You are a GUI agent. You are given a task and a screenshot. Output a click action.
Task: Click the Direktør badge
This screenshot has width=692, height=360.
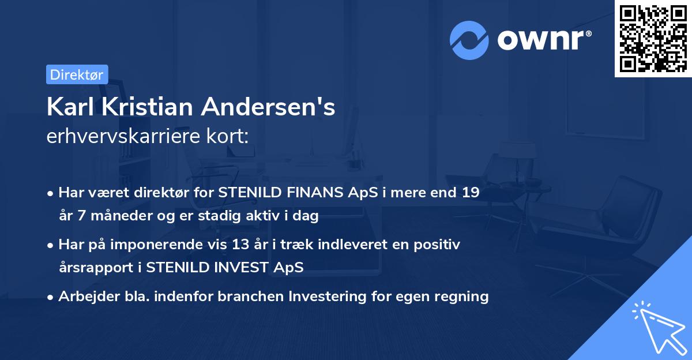pos(77,74)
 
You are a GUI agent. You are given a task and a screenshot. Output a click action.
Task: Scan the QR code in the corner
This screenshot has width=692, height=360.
pos(652,38)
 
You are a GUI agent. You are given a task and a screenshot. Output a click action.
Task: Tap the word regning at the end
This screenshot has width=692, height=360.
pos(462,297)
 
